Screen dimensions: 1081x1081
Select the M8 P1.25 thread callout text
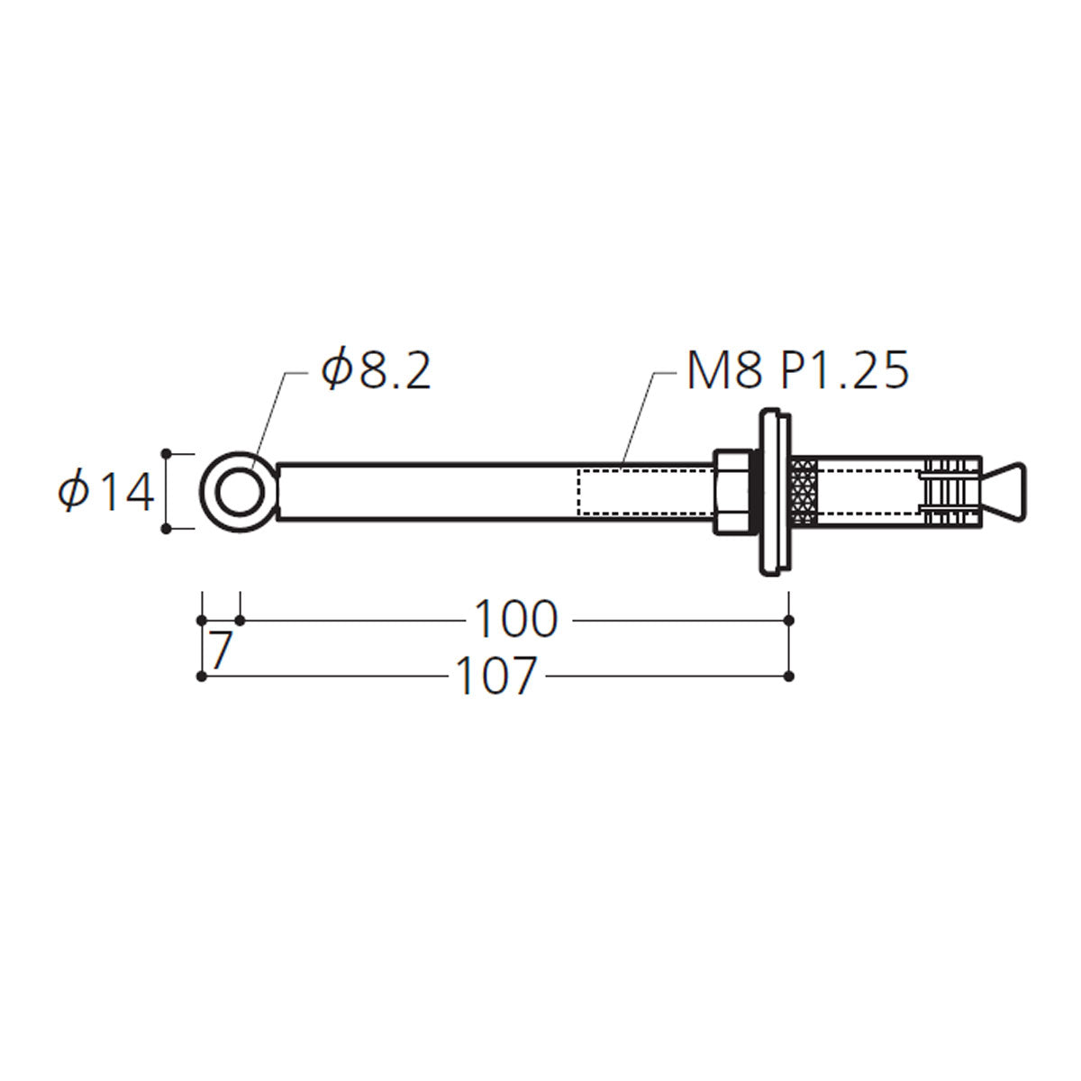[x=797, y=369]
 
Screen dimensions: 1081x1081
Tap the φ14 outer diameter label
[x=106, y=492]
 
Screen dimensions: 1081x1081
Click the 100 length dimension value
[x=516, y=619]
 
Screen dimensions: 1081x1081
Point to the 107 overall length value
[x=495, y=676]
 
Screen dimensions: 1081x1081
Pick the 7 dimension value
[x=221, y=650]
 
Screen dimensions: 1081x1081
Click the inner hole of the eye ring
[x=240, y=492]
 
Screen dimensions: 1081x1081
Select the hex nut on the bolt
[x=732, y=492]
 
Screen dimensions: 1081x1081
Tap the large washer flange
[x=775, y=492]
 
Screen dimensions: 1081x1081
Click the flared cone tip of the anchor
[x=1004, y=492]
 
